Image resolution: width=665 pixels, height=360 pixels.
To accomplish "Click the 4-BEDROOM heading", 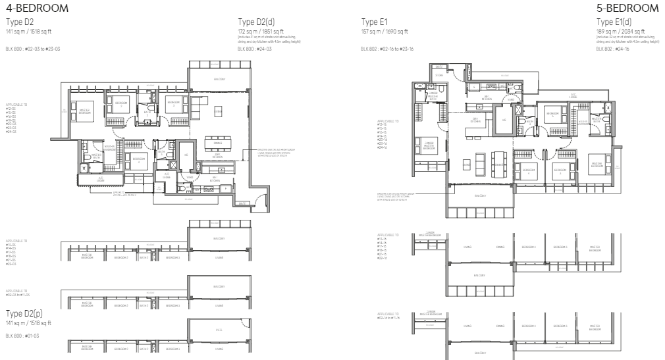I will pos(36,8).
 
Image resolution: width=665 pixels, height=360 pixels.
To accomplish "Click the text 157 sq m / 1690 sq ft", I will pos(385,31).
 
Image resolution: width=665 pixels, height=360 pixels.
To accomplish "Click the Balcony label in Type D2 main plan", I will pos(218,79).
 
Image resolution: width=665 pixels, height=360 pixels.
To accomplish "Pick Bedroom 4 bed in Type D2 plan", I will pos(136,159).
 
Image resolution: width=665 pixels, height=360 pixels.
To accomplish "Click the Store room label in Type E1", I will pos(439,76).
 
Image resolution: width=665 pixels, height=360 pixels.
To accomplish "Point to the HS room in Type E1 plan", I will pos(504,120).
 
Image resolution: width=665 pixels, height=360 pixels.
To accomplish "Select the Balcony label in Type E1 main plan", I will pos(480,195).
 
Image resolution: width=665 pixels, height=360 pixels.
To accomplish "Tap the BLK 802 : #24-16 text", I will pos(610,48).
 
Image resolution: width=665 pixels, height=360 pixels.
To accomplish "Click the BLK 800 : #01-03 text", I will pos(22,336).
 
